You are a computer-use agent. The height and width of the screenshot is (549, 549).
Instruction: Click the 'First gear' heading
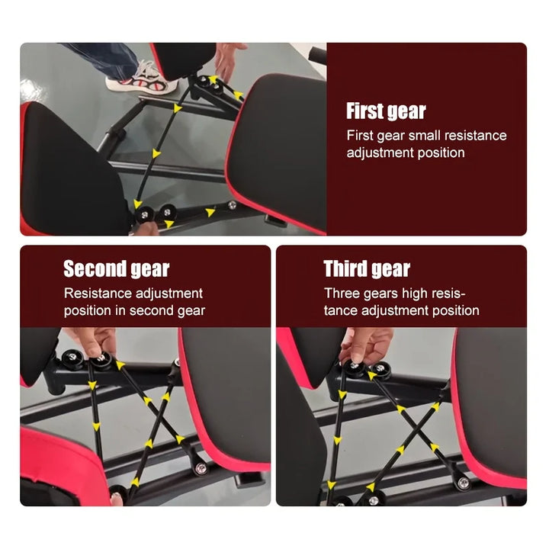(386, 111)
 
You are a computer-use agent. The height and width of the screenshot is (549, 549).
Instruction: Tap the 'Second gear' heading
(116, 269)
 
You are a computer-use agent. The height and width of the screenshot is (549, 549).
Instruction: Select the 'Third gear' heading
(367, 269)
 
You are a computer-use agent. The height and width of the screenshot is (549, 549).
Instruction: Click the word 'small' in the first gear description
(430, 136)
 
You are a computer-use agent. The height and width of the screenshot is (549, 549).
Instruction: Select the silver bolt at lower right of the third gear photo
(462, 481)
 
